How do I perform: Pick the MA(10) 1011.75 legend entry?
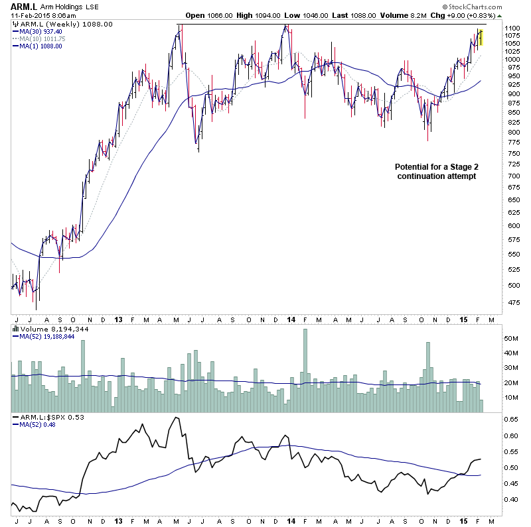click(42, 38)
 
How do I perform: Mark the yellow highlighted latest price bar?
click(481, 37)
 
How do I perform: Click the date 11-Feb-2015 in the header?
click(30, 16)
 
